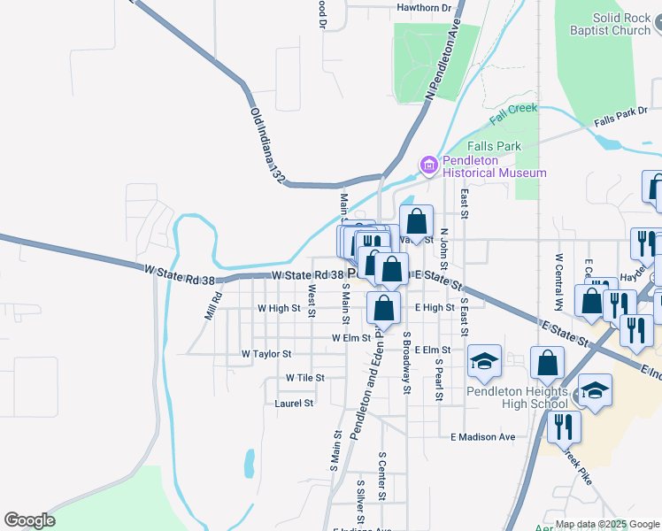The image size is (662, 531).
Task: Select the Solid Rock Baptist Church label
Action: (610, 24)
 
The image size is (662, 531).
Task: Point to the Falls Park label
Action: (496, 146)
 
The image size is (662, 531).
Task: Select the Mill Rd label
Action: (212, 306)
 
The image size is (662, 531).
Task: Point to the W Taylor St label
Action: (266, 353)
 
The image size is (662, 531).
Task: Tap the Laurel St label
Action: (295, 403)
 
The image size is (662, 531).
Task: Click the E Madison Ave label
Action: (482, 437)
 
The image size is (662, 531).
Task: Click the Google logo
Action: (29, 520)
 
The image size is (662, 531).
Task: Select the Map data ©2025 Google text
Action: (608, 525)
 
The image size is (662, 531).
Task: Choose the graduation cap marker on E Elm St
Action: (484, 360)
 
